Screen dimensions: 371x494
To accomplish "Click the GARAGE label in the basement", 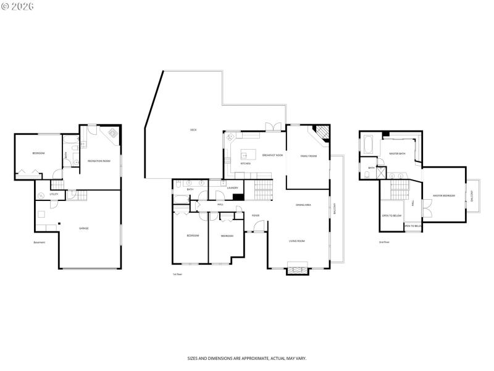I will [83, 228].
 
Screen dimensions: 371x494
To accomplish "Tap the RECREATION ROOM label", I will [99, 161].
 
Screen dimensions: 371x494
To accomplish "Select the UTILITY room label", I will [54, 194].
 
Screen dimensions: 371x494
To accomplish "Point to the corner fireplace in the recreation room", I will [114, 132].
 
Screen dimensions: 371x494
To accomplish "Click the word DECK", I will [193, 130].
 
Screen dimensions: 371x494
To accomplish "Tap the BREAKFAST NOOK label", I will [272, 155].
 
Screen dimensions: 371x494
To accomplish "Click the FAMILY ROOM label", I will [308, 156].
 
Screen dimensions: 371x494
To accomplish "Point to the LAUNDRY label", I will [233, 187].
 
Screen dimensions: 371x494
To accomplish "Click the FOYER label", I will [255, 216].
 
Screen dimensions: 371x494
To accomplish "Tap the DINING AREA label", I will [303, 205].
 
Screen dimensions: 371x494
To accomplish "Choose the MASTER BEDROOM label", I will [443, 196].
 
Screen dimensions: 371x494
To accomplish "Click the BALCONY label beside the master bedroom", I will [472, 195].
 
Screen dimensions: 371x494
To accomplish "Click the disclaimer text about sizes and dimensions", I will [247, 358].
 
